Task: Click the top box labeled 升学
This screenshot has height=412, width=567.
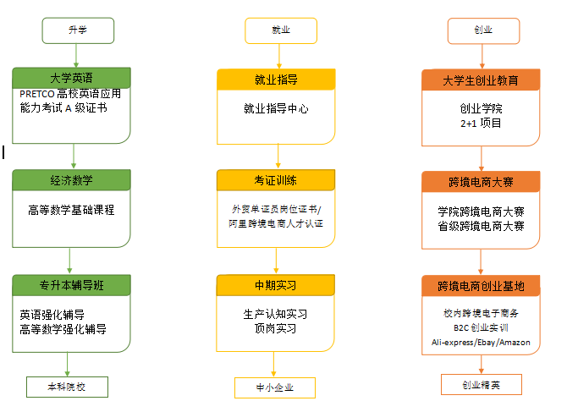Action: (x=78, y=30)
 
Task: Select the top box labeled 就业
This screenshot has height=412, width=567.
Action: (x=281, y=30)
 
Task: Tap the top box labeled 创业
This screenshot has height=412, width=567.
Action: (x=483, y=31)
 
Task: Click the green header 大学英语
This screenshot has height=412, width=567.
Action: (x=71, y=78)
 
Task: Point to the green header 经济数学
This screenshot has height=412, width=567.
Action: (x=71, y=180)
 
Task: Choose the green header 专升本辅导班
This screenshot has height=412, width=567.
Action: (x=71, y=285)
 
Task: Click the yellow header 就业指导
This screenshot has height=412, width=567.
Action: (x=276, y=80)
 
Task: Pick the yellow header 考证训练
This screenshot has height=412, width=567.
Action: (x=276, y=180)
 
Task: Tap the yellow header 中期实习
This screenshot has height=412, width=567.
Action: (x=276, y=285)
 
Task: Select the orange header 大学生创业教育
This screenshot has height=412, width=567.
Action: (x=481, y=80)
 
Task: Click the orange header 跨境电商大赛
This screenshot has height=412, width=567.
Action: (x=481, y=182)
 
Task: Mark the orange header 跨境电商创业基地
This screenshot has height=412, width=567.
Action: (x=481, y=286)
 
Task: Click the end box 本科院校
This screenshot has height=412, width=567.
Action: (x=67, y=387)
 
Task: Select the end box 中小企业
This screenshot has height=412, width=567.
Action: (x=275, y=387)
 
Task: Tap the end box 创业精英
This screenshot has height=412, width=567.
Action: (x=482, y=385)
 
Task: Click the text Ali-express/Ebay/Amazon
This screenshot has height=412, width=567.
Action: (x=481, y=343)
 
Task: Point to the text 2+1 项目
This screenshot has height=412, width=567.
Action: (x=481, y=124)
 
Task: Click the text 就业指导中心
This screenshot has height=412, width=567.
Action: (x=276, y=108)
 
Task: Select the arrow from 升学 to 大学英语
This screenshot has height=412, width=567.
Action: (x=76, y=56)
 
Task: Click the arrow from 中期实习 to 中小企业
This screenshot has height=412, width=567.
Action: (x=273, y=365)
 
